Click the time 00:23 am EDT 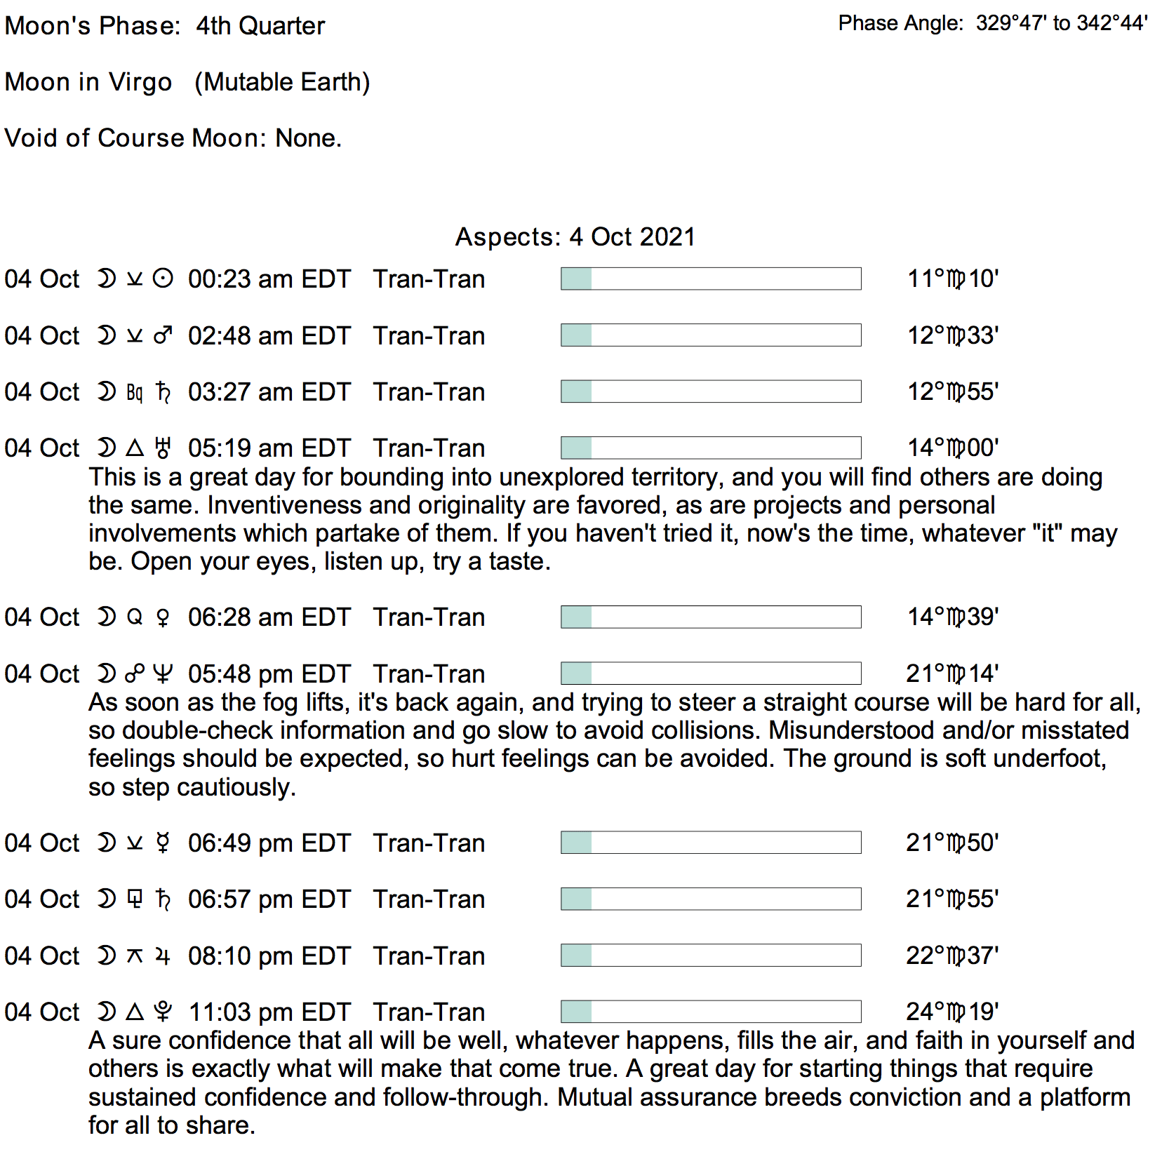pos(269,279)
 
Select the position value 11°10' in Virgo pos(952,279)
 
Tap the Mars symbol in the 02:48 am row pos(163,336)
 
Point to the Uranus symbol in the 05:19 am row pos(163,448)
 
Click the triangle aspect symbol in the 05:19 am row pos(135,448)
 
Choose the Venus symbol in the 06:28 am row pos(163,617)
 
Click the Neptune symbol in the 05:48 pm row pos(163,674)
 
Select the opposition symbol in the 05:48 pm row pos(135,674)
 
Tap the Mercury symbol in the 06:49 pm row pos(163,843)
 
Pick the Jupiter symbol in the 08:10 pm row pos(163,956)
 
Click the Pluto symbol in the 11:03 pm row pos(163,1012)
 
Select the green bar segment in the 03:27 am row pos(576,391)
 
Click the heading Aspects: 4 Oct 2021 pos(575,237)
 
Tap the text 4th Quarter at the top pos(260,26)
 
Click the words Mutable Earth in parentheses pos(282,82)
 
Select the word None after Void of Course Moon pos(307,138)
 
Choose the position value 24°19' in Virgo pos(952,1012)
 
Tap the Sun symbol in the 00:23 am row pos(163,279)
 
